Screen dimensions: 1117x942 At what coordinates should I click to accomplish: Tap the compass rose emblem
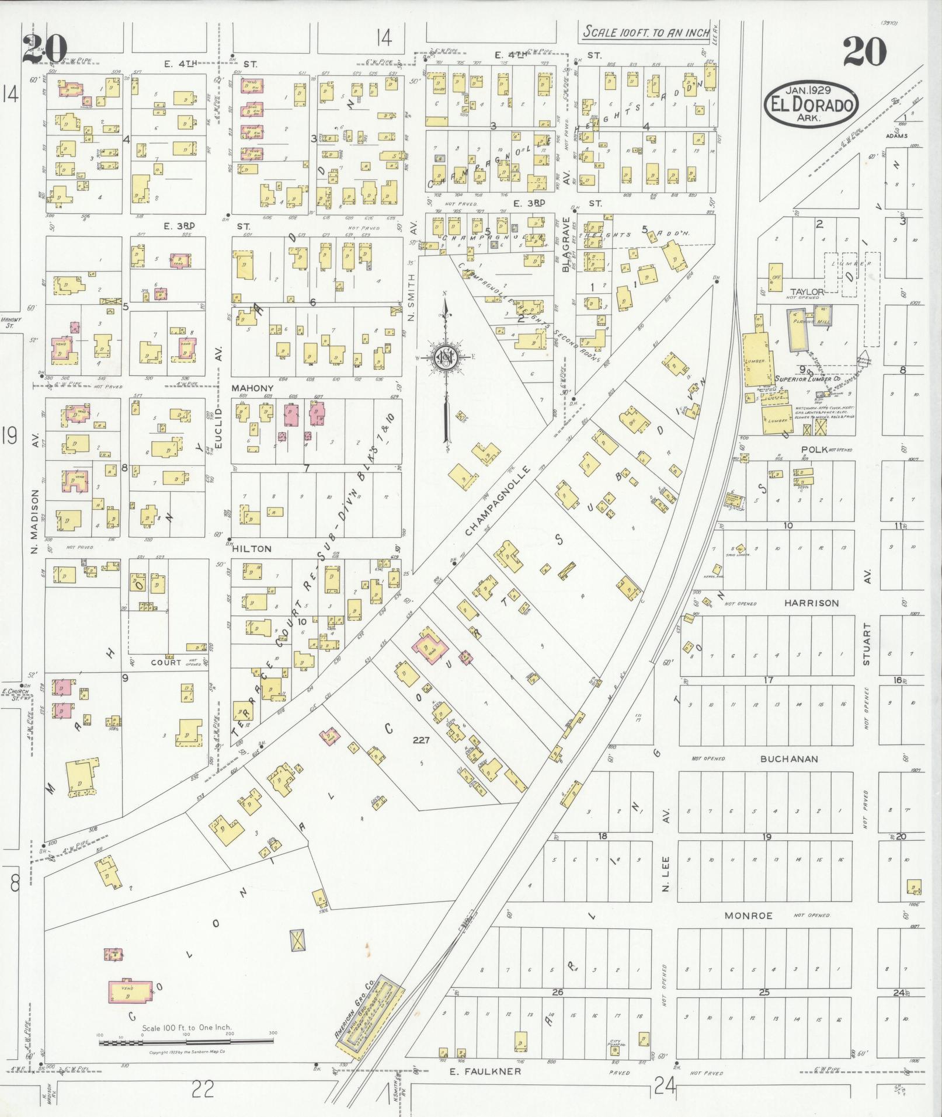click(x=445, y=357)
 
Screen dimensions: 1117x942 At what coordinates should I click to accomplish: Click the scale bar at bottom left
click(x=187, y=1042)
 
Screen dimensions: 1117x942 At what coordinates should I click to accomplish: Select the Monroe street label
click(x=748, y=915)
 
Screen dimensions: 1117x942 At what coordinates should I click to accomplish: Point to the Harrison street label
click(x=811, y=603)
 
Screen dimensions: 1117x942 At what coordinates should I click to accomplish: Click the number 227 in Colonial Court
click(x=420, y=740)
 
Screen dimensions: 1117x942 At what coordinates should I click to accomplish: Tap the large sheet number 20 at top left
click(x=44, y=49)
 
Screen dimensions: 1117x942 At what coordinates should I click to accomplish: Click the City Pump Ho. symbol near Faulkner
click(x=615, y=1049)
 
